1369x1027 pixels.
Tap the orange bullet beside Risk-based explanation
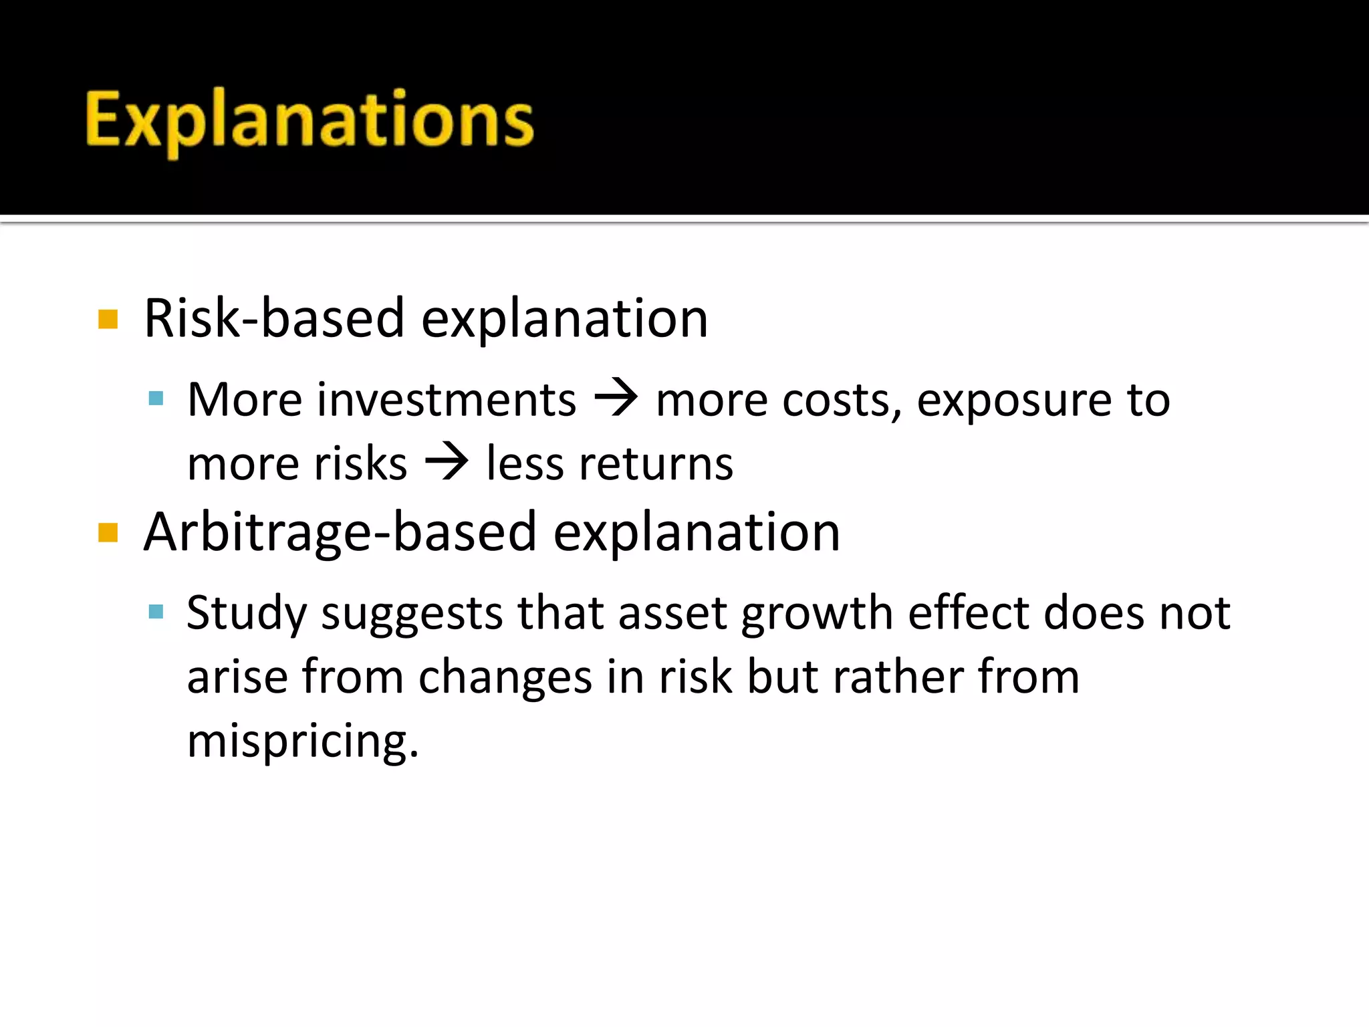(108, 319)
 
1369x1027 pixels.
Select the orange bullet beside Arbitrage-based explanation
(108, 533)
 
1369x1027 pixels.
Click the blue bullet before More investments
(156, 399)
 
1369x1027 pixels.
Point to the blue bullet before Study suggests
(156, 611)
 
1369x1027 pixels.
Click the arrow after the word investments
(616, 398)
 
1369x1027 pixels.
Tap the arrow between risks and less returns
(447, 462)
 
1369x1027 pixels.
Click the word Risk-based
(274, 318)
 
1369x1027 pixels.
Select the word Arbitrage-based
(340, 532)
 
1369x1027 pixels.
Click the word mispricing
(302, 741)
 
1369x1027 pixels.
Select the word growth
(817, 614)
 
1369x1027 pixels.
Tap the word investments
(446, 401)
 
